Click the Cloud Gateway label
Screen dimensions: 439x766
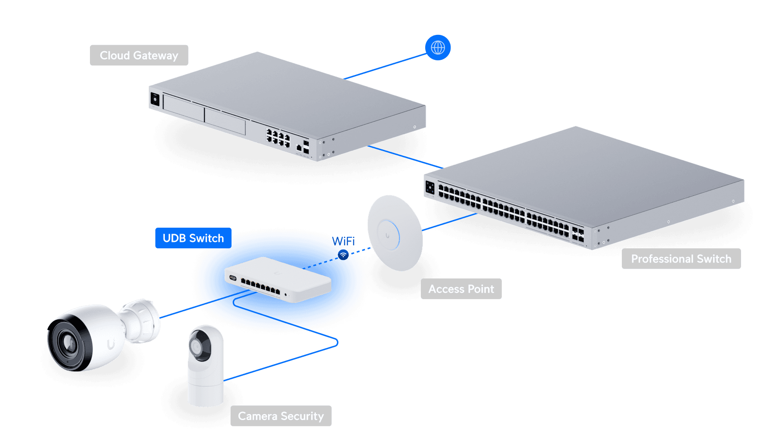pyautogui.click(x=139, y=56)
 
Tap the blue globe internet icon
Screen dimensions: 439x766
pyautogui.click(x=438, y=47)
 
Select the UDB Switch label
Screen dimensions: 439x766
pyautogui.click(x=193, y=238)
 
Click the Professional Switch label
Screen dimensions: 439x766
pyautogui.click(x=681, y=259)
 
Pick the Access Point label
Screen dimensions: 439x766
pyautogui.click(x=461, y=289)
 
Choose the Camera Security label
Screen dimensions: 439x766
pyautogui.click(x=281, y=416)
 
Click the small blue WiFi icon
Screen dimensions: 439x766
pyautogui.click(x=343, y=255)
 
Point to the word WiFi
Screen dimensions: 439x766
pyautogui.click(x=344, y=241)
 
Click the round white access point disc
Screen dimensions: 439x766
pyautogui.click(x=394, y=233)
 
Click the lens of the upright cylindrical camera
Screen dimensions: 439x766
pyautogui.click(x=197, y=347)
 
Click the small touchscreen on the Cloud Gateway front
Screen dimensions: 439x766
pyautogui.click(x=155, y=100)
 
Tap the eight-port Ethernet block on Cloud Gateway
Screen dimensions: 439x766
pyautogui.click(x=278, y=138)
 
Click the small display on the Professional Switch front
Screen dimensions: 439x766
pyautogui.click(x=430, y=187)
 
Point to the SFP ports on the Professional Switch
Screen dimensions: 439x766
pyautogui.click(x=578, y=235)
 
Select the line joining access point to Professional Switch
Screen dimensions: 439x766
pyautogui.click(x=450, y=222)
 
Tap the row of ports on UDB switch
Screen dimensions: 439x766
pyautogui.click(x=260, y=286)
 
